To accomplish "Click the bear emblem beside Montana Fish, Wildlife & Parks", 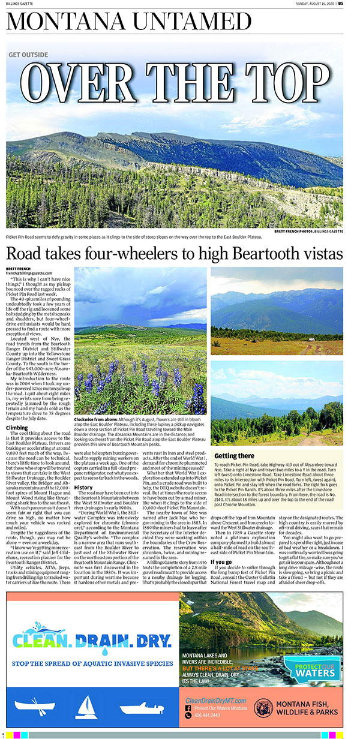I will click(x=263, y=708).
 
